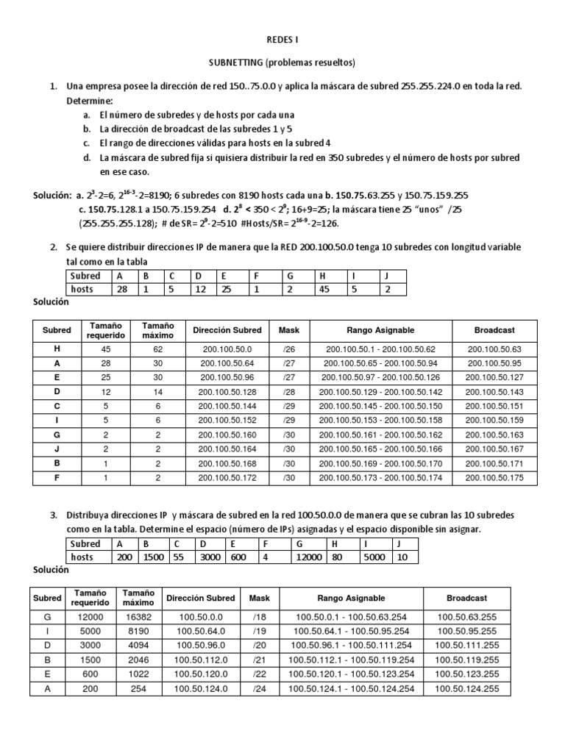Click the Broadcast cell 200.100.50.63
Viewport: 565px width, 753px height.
(493, 350)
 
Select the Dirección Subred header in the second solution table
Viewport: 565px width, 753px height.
(200, 599)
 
